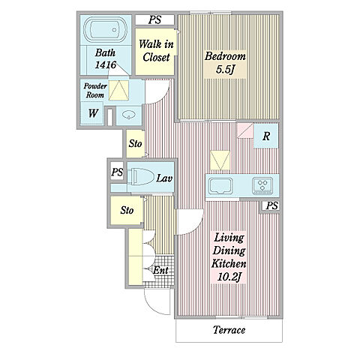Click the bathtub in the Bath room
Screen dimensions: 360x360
pyautogui.click(x=105, y=31)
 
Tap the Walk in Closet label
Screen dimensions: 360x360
pyautogui.click(x=156, y=51)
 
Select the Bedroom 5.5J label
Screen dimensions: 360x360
pyautogui.click(x=225, y=63)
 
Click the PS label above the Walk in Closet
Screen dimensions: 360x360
pyautogui.click(x=154, y=20)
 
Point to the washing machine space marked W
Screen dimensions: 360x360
pyautogui.click(x=93, y=113)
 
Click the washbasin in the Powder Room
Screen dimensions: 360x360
pyautogui.click(x=129, y=115)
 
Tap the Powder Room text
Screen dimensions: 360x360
pyautogui.click(x=95, y=91)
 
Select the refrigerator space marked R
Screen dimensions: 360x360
pyautogui.click(x=266, y=136)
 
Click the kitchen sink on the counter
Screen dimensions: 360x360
pyautogui.click(x=220, y=185)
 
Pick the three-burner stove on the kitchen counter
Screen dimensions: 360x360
pyautogui.click(x=262, y=185)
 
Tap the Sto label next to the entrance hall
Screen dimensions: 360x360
pyautogui.click(x=127, y=210)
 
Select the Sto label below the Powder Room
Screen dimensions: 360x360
pyautogui.click(x=135, y=144)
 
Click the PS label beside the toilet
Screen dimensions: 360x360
pyautogui.click(x=117, y=172)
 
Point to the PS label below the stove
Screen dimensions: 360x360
pyautogui.click(x=271, y=205)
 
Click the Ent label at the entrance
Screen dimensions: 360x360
pyautogui.click(x=160, y=270)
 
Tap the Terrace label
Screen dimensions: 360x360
pyautogui.click(x=229, y=330)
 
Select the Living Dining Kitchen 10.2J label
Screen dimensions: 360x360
pyautogui.click(x=229, y=257)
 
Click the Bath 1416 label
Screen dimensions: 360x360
pyautogui.click(x=106, y=58)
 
